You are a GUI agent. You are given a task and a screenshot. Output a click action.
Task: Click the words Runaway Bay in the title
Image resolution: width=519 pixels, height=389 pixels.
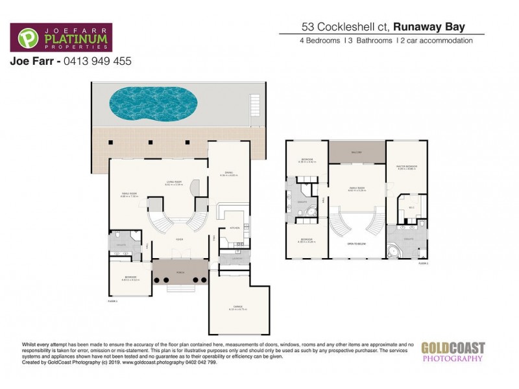[x=439, y=28]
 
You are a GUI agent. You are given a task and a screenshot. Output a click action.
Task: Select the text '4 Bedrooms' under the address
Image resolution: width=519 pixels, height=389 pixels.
[x=310, y=41]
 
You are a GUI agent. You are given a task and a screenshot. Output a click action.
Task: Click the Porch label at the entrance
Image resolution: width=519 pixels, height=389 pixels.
[x=181, y=273]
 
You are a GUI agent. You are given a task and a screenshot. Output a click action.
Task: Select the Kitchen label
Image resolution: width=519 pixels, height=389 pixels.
[x=234, y=228]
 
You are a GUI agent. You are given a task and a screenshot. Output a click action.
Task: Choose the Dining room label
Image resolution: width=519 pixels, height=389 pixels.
[x=228, y=172]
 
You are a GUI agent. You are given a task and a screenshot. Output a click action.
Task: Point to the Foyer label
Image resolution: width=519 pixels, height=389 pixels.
[x=179, y=239]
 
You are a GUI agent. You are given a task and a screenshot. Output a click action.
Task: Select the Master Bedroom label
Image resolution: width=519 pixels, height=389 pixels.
[x=407, y=167]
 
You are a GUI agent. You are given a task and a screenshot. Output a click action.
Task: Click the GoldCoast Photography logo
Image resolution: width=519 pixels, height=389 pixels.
[x=452, y=351]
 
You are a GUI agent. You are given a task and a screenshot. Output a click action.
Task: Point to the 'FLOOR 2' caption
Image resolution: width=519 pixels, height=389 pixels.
[x=424, y=263]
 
